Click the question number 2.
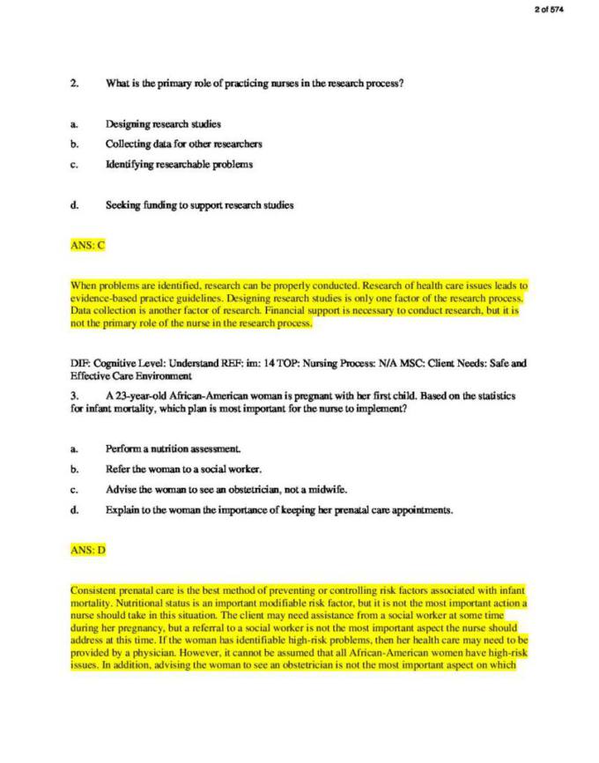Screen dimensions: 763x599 pos(75,84)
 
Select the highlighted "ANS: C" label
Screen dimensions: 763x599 pos(87,245)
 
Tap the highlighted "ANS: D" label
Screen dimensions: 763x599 pos(88,550)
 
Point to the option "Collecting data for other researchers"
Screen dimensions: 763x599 pos(183,144)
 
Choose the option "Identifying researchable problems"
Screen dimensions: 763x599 pos(179,164)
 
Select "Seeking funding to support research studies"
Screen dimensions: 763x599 pos(199,205)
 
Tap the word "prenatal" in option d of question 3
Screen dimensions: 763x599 pos(327,509)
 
